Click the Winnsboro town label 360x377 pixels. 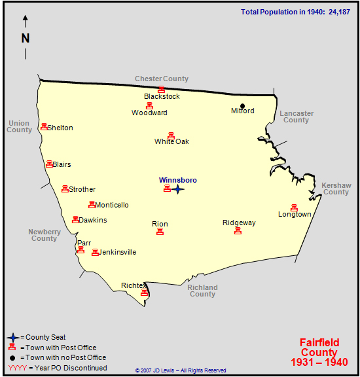[x=177, y=180]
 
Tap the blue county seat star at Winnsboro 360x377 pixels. [x=178, y=189]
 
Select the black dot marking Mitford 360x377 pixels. [x=242, y=106]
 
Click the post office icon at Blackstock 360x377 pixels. [x=161, y=89]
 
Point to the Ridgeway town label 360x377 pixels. [x=239, y=223]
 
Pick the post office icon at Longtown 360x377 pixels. [x=294, y=207]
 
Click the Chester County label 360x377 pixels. [x=162, y=79]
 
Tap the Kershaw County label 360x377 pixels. [x=336, y=188]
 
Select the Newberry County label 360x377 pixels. [x=45, y=235]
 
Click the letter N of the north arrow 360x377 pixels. [x=26, y=38]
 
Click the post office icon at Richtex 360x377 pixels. [x=145, y=293]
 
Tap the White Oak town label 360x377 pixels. [x=171, y=141]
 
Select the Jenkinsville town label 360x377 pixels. [x=118, y=252]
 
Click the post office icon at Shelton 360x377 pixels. [x=44, y=127]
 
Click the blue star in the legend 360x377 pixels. [x=12, y=338]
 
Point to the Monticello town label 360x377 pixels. [x=112, y=205]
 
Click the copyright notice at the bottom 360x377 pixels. [x=181, y=370]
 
